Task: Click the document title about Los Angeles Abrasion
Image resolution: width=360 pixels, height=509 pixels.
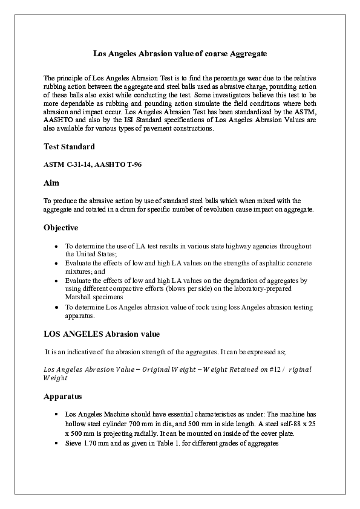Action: click(x=180, y=54)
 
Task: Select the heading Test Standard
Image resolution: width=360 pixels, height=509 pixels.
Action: click(x=69, y=147)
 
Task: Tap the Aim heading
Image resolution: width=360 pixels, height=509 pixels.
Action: click(x=51, y=182)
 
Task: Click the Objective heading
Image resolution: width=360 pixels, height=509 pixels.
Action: click(x=61, y=228)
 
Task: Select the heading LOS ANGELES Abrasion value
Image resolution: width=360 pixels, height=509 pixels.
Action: click(x=102, y=334)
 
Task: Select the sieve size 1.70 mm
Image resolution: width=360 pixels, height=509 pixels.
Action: click(x=94, y=444)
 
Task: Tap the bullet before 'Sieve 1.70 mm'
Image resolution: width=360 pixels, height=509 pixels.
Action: click(x=56, y=444)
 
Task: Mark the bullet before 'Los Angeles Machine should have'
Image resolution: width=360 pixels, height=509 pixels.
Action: click(x=56, y=413)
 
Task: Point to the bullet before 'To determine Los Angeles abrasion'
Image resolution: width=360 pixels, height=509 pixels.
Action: click(x=56, y=307)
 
